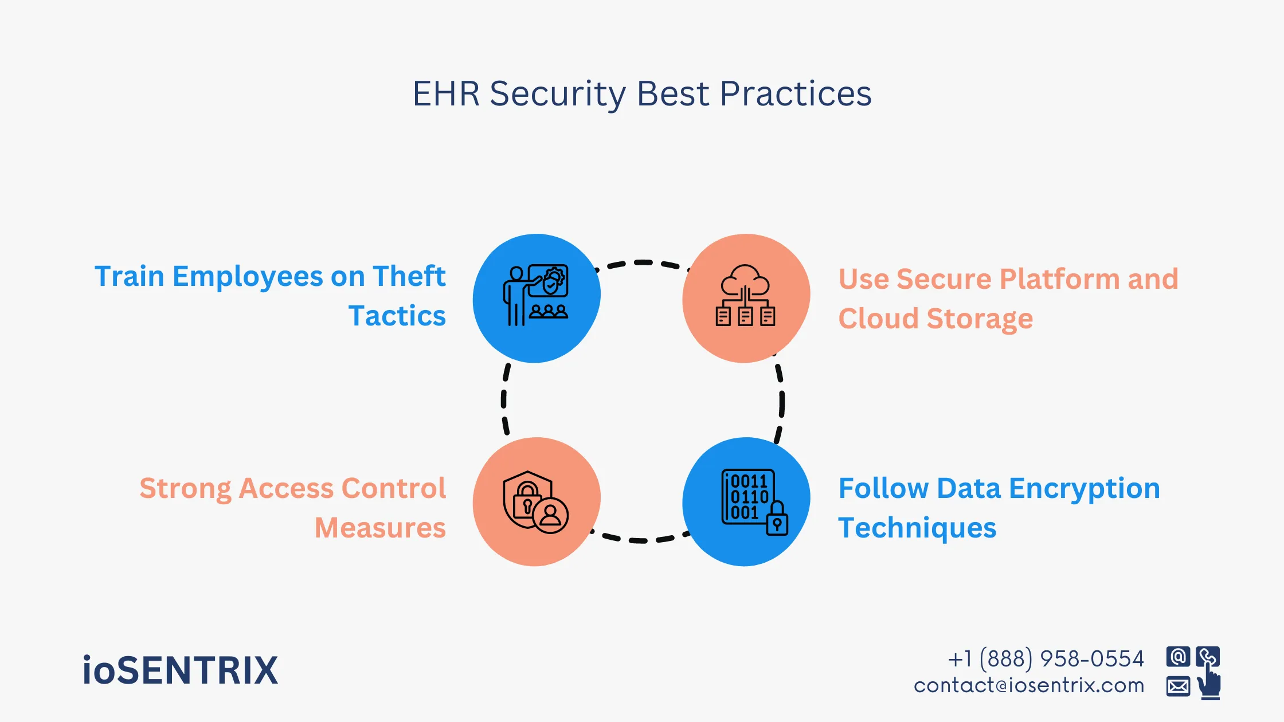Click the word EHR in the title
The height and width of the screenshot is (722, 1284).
(x=446, y=94)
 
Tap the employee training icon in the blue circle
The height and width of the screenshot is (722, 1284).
(x=536, y=296)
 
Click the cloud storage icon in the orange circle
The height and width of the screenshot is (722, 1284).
(x=745, y=296)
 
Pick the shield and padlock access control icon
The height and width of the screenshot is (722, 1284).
(x=535, y=502)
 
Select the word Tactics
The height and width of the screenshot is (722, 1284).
(x=397, y=316)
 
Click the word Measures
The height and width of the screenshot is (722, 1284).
(x=380, y=528)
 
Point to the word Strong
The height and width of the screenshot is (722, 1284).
(x=185, y=489)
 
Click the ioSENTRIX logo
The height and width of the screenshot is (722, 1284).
(x=180, y=670)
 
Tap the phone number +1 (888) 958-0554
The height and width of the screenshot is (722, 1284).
(x=1046, y=659)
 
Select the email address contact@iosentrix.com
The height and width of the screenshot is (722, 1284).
(x=1029, y=686)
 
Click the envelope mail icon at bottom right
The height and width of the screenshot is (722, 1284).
(x=1178, y=686)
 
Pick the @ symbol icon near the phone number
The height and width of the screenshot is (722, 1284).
(x=1178, y=657)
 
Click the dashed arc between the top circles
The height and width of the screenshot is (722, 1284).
(x=642, y=263)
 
